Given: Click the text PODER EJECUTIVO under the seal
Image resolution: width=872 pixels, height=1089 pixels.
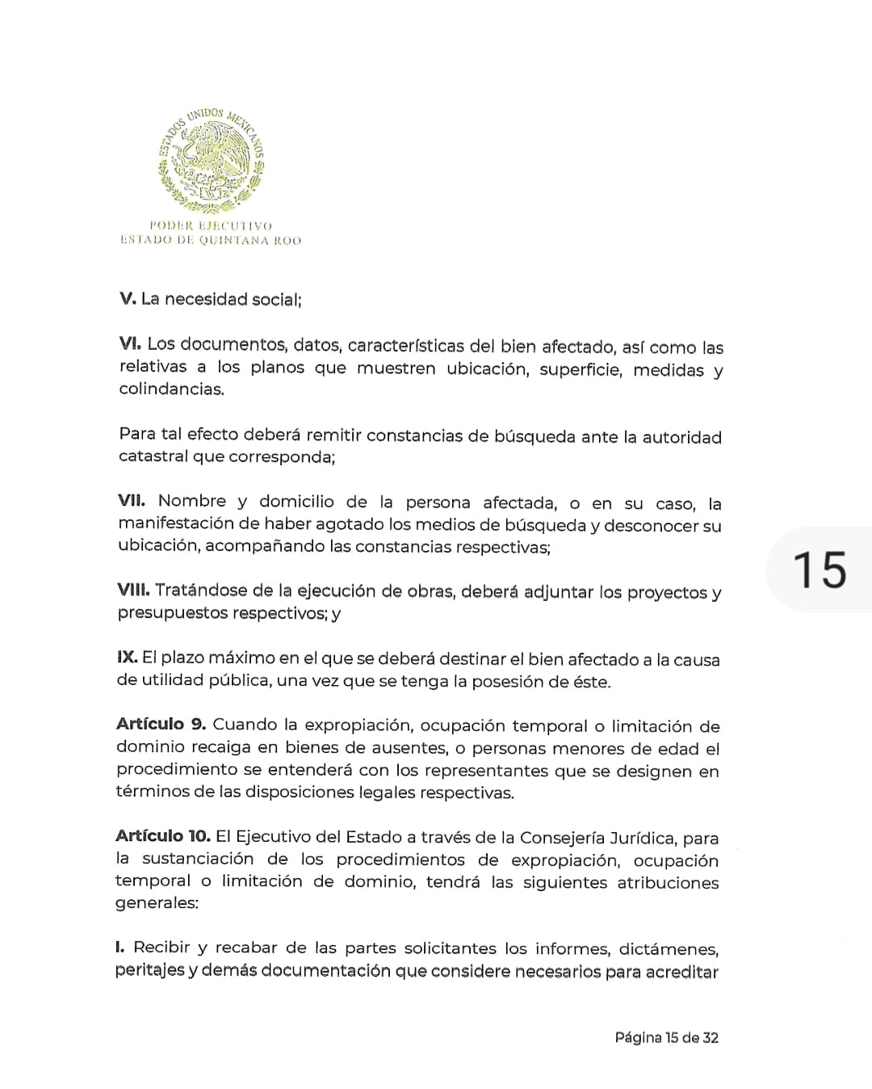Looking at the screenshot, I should point(211,226).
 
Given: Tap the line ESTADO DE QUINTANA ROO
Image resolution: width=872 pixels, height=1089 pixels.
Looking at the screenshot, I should point(211,240).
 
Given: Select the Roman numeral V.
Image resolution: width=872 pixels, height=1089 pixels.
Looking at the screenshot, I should point(128,298).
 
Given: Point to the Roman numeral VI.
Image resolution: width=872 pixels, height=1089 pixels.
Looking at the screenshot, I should point(130,343).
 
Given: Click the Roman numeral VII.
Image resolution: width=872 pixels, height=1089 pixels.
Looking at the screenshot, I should point(132,501).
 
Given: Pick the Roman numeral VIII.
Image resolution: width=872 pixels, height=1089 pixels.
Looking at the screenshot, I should point(133,590).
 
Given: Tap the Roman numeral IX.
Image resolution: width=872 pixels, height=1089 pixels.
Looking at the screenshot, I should point(127,657).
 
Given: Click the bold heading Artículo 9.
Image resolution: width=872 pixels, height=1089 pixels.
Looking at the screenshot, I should point(161,724).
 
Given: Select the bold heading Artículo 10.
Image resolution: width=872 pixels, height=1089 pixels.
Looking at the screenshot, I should point(162,836).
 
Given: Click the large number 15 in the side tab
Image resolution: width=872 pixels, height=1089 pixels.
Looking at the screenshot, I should point(819,570).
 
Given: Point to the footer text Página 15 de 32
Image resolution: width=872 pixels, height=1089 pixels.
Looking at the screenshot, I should point(666,1038).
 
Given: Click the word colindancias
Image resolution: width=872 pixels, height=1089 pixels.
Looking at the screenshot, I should point(171,389).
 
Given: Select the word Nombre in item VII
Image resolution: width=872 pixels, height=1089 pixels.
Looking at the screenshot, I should point(192,502).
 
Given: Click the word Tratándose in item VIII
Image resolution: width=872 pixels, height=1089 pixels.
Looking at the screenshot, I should point(200,591).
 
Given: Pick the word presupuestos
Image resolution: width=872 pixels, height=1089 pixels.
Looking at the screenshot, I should point(172,613).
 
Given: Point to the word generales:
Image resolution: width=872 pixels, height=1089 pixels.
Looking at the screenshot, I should point(157,903).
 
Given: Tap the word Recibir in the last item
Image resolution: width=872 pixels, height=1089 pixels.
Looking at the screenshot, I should point(161,947).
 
